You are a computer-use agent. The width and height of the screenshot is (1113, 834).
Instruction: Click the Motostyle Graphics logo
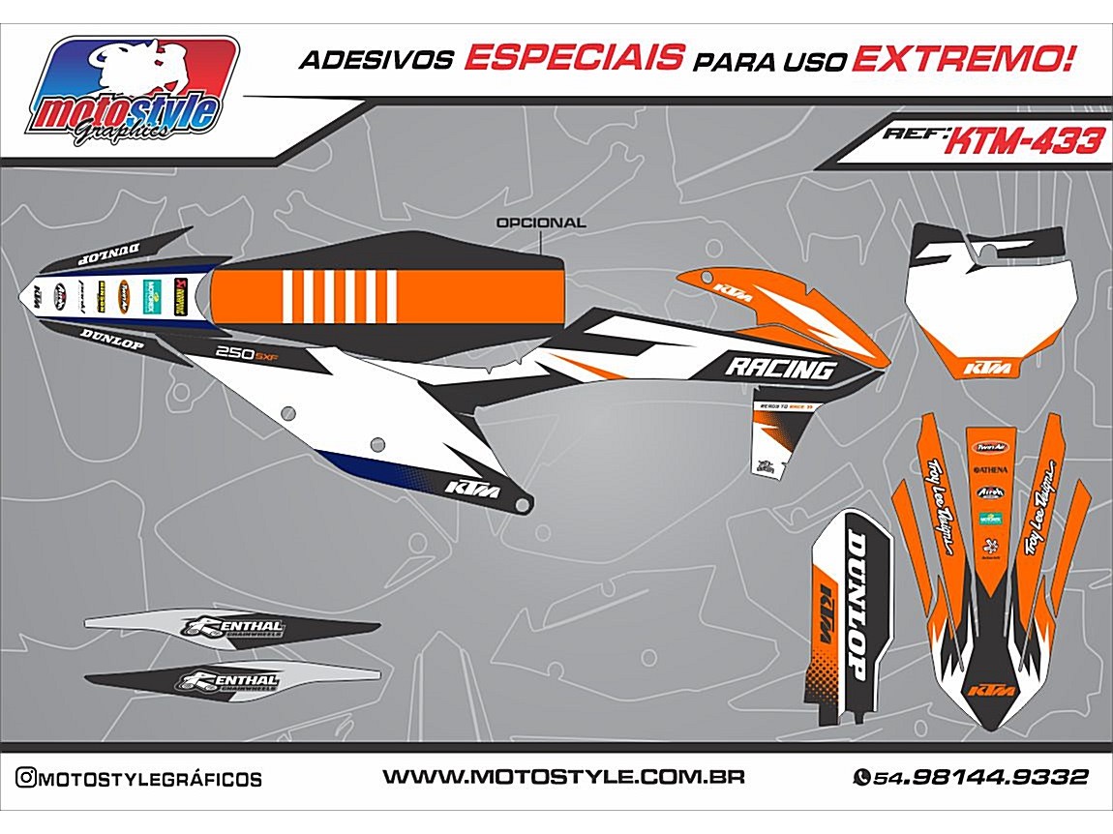click(132, 92)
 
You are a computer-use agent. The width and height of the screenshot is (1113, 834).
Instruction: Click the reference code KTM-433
click(1022, 142)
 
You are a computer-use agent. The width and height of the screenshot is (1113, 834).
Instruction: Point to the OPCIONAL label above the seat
click(540, 223)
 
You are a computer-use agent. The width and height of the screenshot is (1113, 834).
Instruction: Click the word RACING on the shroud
click(780, 368)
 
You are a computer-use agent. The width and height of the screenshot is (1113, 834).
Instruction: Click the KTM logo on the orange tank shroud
click(733, 291)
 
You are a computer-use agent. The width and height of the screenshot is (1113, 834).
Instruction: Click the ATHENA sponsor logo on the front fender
click(989, 469)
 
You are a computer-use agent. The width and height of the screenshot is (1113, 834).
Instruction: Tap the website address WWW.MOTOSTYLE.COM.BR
click(563, 777)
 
